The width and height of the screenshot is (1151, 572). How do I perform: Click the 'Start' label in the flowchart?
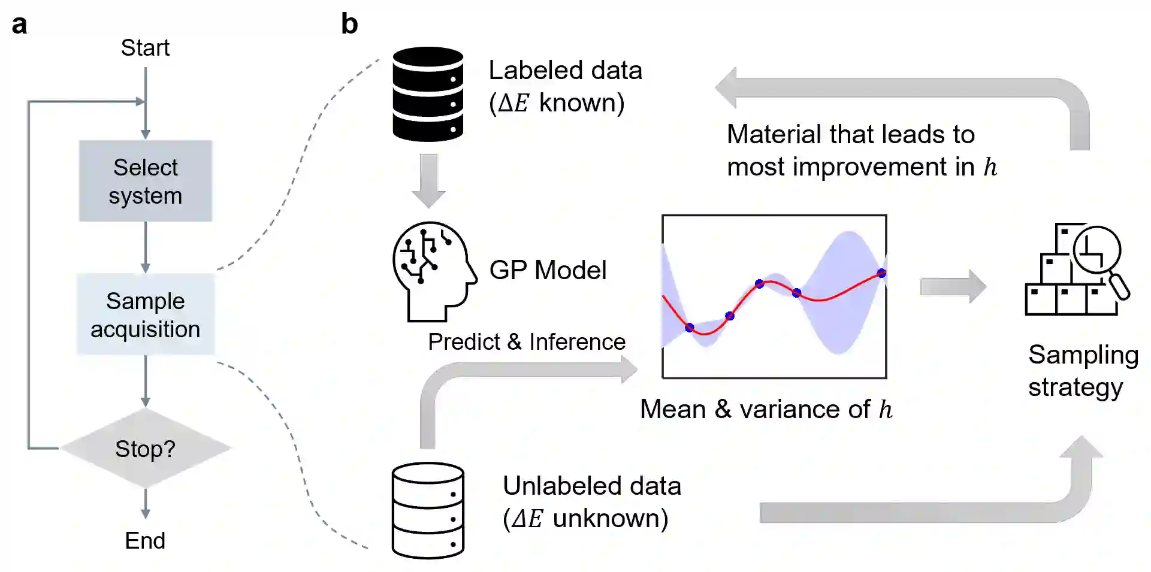tap(145, 48)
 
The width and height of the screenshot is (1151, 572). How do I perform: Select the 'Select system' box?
tap(146, 181)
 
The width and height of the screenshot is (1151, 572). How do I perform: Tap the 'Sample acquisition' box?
tap(146, 314)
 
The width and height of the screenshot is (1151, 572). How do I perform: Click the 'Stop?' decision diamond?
tap(146, 448)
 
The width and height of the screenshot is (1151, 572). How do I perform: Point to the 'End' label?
tap(145, 540)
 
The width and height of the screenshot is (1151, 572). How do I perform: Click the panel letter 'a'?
tap(19, 25)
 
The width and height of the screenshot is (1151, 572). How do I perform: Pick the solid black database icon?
tap(428, 94)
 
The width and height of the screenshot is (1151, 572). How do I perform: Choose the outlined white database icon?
tap(428, 510)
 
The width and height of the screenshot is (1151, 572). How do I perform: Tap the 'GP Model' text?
tap(548, 270)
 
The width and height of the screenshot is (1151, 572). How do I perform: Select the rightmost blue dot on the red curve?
tap(881, 273)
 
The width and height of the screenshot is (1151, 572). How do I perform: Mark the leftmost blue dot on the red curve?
tap(690, 327)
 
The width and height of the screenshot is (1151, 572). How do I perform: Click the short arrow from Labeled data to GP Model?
tap(428, 180)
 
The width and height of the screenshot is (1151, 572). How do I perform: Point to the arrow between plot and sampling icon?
tap(953, 286)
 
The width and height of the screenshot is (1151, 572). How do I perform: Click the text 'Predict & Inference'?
tap(527, 341)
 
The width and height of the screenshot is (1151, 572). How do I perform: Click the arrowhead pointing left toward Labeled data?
tap(726, 88)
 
